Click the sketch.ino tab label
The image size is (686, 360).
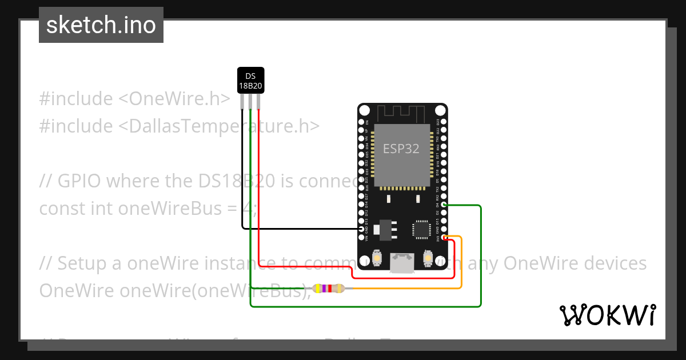(x=101, y=25)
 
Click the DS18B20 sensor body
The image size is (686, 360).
(x=250, y=81)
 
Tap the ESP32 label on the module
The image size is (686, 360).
(x=401, y=149)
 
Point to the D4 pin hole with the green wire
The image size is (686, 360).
(x=444, y=205)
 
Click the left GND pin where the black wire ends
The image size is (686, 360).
(x=361, y=229)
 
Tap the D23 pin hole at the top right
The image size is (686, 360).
(x=444, y=122)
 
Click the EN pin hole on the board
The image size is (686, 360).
(x=361, y=122)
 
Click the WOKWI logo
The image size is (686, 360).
(x=607, y=315)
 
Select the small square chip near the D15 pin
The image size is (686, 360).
(x=421, y=229)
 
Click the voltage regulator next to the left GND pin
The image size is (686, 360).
(x=381, y=229)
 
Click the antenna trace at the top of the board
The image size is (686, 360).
(x=402, y=113)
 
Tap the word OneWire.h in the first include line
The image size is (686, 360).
(x=174, y=98)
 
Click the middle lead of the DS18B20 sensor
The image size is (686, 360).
(x=250, y=102)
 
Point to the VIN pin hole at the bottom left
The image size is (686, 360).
(x=361, y=237)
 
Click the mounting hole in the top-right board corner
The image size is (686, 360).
(x=440, y=110)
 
